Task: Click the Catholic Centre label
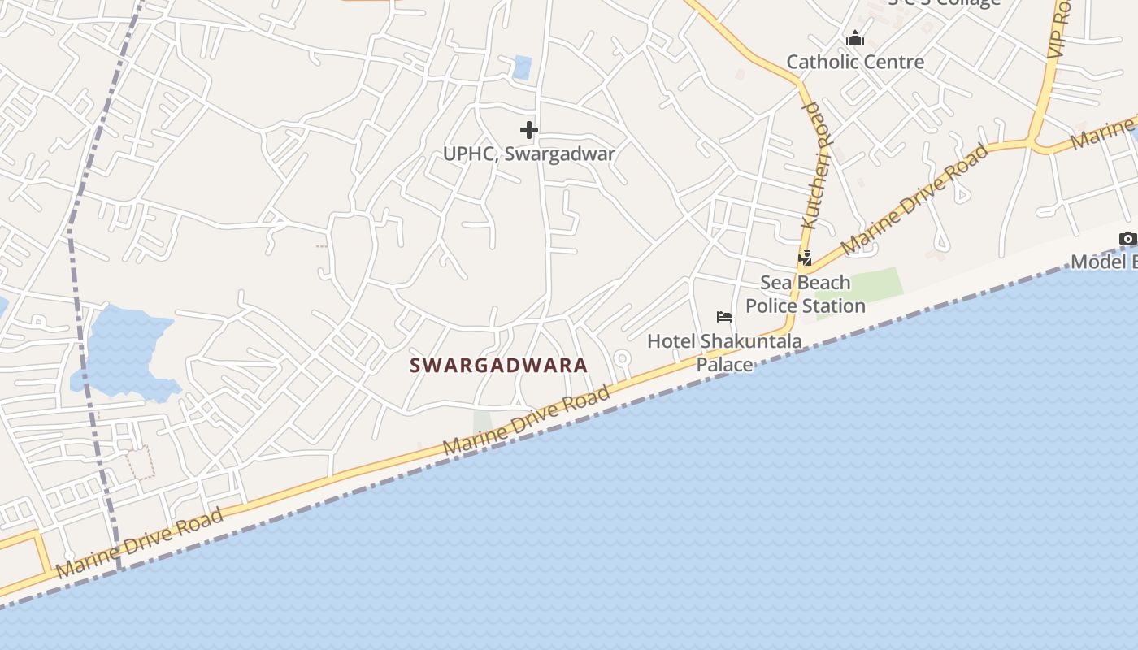pos(855,62)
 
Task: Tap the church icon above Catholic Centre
pos(854,38)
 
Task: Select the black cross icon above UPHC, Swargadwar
pos(529,129)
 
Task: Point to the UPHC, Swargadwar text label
pos(529,154)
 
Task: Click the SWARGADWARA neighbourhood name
pos(498,365)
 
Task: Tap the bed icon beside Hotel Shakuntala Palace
pos(723,316)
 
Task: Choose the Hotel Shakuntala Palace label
pos(724,353)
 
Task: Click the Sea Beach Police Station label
pos(806,294)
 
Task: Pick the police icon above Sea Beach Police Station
pos(806,258)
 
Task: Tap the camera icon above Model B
pos(1127,238)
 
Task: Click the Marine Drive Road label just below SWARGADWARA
pos(526,422)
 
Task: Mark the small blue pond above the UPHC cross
pos(522,67)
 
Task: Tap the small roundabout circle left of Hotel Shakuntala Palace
pos(622,357)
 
